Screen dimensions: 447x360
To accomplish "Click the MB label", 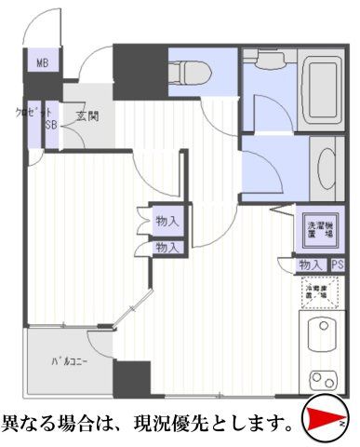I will point(42,63).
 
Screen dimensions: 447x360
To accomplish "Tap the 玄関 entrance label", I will point(88,116).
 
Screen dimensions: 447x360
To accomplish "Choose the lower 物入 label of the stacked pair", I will point(167,247).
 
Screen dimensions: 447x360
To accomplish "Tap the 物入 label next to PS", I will point(311,265).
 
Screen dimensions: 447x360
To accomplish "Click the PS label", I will point(337,265).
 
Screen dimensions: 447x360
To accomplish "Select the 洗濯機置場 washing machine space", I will point(322,228).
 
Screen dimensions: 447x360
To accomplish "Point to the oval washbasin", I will point(328,169).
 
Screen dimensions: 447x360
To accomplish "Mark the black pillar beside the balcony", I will point(131,380).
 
